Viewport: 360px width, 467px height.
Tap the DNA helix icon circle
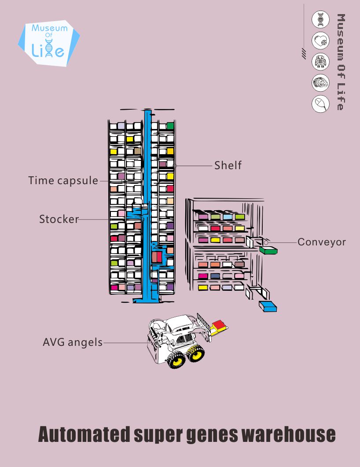[x=320, y=20]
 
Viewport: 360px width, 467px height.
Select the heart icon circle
[x=320, y=41]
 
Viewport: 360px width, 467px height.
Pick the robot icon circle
[x=320, y=62]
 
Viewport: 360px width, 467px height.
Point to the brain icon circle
[x=320, y=82]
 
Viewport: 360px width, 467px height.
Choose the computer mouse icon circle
[x=320, y=104]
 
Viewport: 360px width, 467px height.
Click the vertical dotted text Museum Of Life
[x=341, y=62]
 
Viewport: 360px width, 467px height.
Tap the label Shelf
[x=228, y=165]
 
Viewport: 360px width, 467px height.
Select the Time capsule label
[x=63, y=180]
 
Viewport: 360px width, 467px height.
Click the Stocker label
[x=59, y=219]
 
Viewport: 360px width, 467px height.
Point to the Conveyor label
[x=322, y=242]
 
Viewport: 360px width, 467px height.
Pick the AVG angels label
[x=73, y=342]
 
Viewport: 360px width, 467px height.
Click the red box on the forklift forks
[x=219, y=325]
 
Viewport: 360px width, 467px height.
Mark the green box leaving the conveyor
[x=268, y=251]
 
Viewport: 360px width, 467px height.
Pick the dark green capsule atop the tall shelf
[x=170, y=126]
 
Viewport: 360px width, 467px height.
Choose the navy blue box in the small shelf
[x=215, y=276]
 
